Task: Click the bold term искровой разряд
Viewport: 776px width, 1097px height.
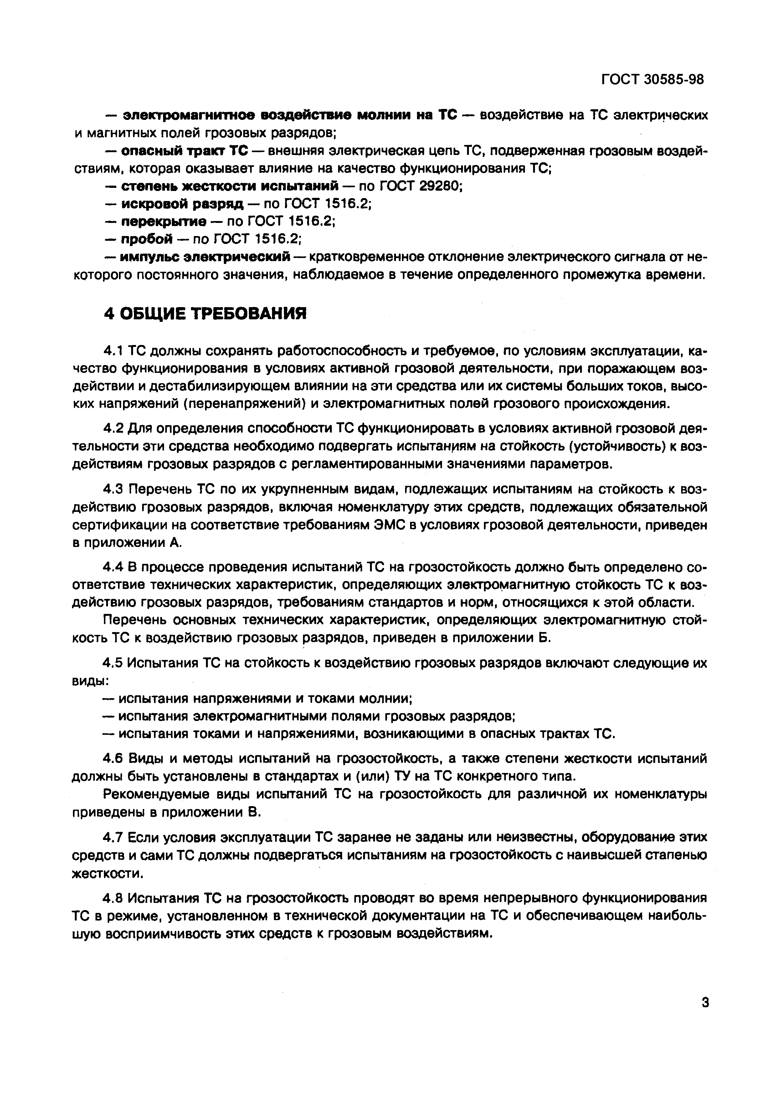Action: click(x=182, y=204)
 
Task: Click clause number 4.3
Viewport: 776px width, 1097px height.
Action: click(x=114, y=489)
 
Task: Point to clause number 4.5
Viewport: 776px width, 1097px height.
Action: click(x=114, y=664)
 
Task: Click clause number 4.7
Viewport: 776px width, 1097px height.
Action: click(x=114, y=837)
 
